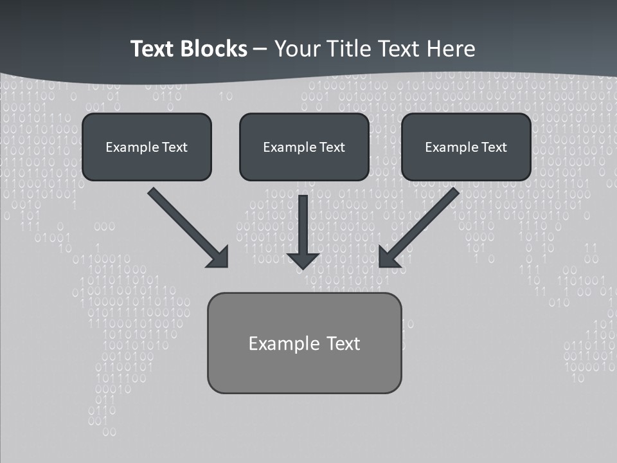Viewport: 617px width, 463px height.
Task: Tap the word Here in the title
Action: click(x=452, y=49)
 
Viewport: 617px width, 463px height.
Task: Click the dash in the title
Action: click(x=261, y=50)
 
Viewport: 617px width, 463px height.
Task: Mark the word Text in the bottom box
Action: click(x=343, y=343)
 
